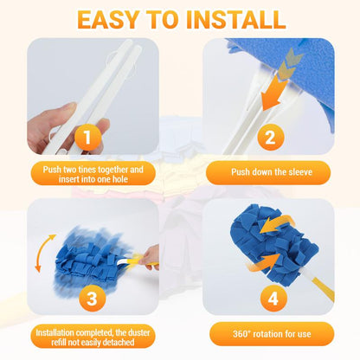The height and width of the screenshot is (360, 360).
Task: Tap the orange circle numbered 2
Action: coord(269,137)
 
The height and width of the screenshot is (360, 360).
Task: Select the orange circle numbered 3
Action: coord(90,299)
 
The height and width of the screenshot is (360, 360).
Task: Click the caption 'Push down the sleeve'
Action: coord(268,173)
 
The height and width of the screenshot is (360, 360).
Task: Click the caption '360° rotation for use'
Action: coord(268,335)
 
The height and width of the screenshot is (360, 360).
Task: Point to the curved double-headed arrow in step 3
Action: coord(44,253)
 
